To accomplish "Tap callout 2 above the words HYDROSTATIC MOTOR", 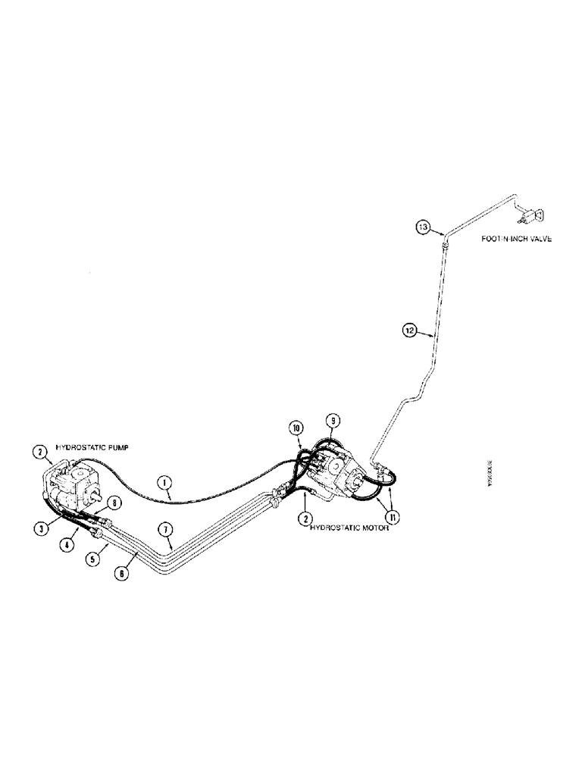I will click(305, 517).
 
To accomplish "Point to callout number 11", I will click(390, 517).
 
